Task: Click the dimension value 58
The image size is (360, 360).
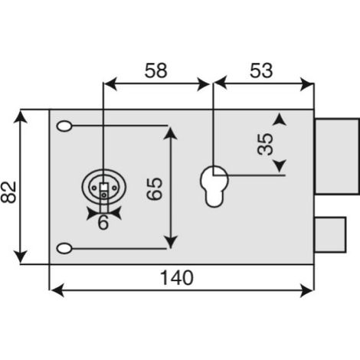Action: [x=155, y=70]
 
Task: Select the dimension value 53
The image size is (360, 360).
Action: [x=261, y=70]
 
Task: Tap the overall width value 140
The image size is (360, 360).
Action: [x=177, y=277]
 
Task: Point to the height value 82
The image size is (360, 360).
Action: [x=8, y=192]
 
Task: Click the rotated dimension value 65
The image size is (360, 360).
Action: [x=155, y=189]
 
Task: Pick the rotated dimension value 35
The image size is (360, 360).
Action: [x=265, y=144]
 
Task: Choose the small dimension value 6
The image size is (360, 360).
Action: [x=103, y=222]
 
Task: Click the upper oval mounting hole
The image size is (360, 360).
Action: [x=64, y=126]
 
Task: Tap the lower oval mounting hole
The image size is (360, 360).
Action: [x=64, y=248]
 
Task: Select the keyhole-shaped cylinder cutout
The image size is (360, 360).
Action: [x=214, y=186]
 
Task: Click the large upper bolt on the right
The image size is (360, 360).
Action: [x=337, y=156]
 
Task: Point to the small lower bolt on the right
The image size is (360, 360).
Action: [x=330, y=234]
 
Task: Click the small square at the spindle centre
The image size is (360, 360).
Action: [x=104, y=187]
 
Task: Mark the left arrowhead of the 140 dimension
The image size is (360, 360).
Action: [x=57, y=290]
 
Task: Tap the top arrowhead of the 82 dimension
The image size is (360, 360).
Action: [x=21, y=117]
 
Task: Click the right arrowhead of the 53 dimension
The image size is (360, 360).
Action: [x=307, y=83]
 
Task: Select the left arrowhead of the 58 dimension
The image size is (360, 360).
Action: [x=110, y=83]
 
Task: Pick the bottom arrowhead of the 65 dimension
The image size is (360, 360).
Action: [x=170, y=242]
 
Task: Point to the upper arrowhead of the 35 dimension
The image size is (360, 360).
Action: [x=280, y=119]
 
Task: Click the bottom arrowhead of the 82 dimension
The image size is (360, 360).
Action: [x=21, y=257]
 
